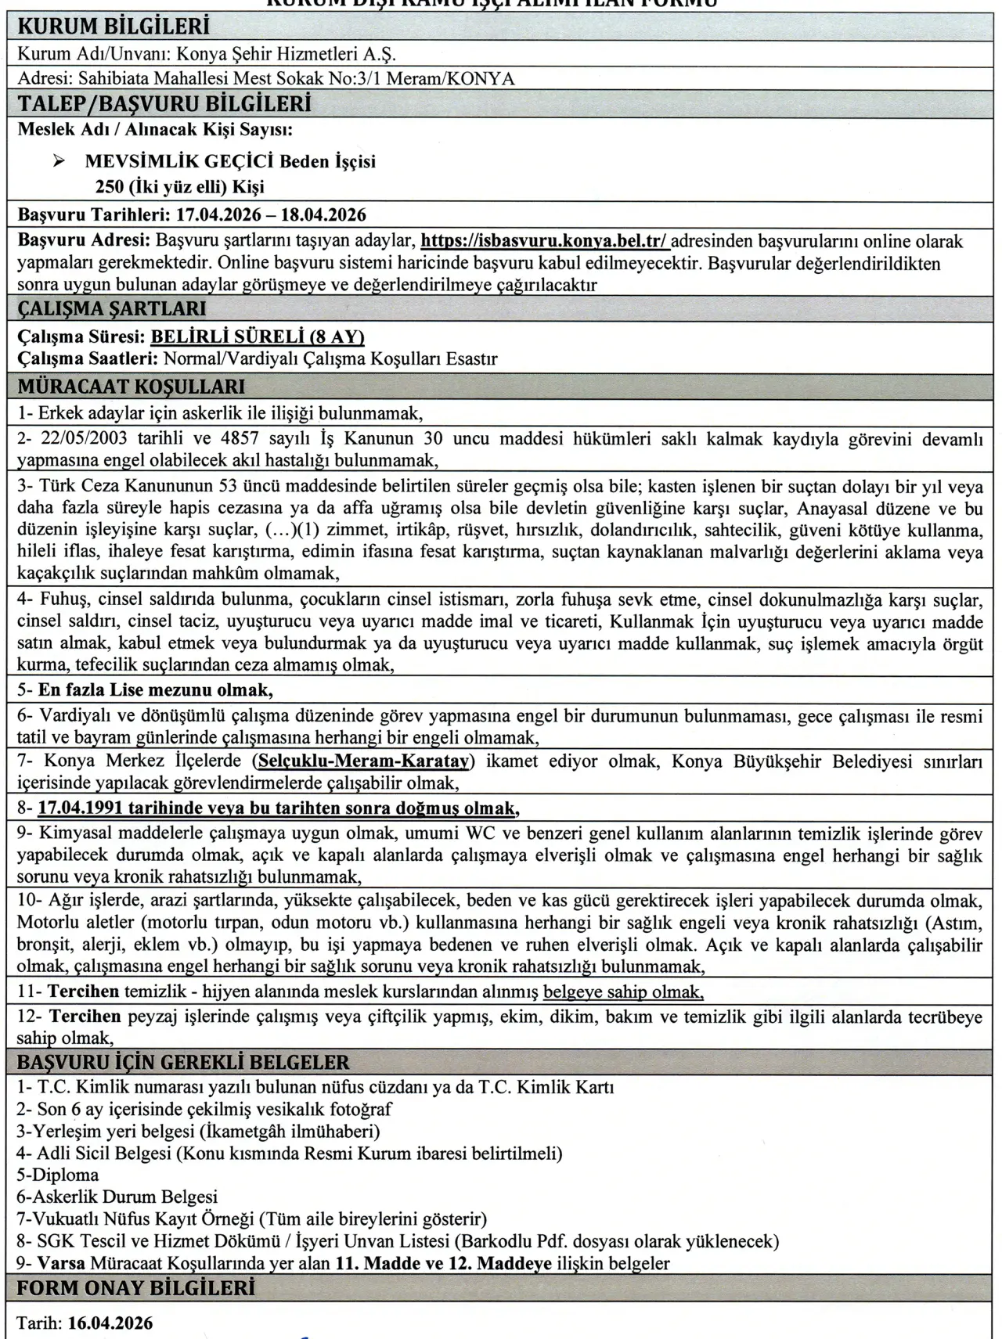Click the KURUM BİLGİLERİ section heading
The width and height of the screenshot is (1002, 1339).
(x=114, y=27)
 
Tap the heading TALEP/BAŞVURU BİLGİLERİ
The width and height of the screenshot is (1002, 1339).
(x=164, y=104)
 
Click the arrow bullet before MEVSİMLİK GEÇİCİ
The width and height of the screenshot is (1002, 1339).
(x=58, y=162)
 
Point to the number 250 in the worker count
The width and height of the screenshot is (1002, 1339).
(x=110, y=187)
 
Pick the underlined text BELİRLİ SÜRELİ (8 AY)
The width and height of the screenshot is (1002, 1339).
(x=258, y=337)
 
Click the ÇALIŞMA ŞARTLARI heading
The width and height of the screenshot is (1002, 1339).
(x=112, y=309)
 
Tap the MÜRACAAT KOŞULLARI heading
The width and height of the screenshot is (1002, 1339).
(x=131, y=387)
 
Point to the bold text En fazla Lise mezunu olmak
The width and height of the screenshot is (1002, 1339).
(x=156, y=690)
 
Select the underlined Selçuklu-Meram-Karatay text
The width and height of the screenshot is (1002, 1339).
(x=363, y=761)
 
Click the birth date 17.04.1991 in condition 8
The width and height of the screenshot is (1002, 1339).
(x=85, y=808)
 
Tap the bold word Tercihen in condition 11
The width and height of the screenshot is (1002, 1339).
(x=84, y=992)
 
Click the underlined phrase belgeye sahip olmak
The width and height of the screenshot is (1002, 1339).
(x=624, y=992)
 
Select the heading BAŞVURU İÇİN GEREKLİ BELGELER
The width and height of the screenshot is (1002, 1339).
(x=183, y=1063)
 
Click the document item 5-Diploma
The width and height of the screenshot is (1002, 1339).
(x=58, y=1175)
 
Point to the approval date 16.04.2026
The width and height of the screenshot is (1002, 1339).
(x=110, y=1323)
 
